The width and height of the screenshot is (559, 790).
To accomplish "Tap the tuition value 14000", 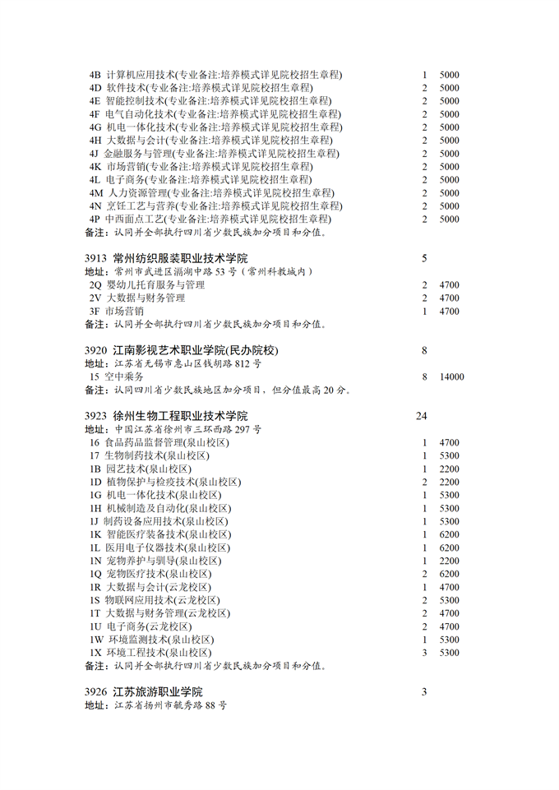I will tap(451, 377).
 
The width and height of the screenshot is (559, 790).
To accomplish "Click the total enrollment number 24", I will tap(422, 416).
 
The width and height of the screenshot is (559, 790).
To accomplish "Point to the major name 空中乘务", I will tap(125, 377).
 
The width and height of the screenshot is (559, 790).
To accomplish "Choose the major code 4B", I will tap(95, 74).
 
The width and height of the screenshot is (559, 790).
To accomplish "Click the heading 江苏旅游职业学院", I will tap(157, 692).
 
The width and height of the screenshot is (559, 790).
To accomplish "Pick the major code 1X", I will tap(95, 653).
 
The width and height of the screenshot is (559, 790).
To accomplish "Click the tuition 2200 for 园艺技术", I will tap(449, 469).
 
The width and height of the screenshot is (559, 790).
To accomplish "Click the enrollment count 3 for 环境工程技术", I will tap(425, 653).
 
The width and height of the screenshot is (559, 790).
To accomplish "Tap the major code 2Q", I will tap(95, 284).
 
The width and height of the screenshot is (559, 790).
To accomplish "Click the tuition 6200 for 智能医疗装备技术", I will tap(449, 534).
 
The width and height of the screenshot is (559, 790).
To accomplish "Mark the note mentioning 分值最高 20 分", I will tap(218, 390).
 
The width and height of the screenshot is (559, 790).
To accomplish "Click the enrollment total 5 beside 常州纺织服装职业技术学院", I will tap(424, 258).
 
